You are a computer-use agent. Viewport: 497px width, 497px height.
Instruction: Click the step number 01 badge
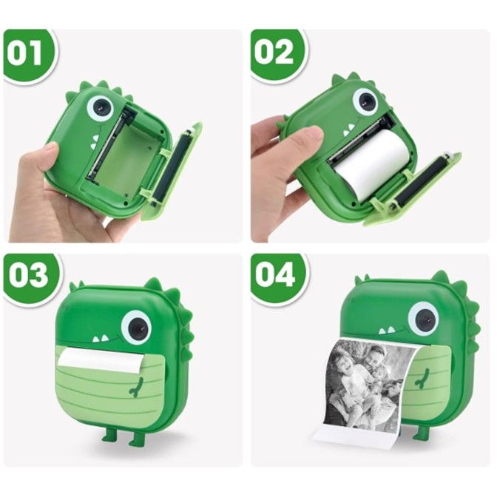pyautogui.click(x=28, y=53)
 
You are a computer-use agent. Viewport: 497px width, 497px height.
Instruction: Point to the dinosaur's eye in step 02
pyautogui.click(x=365, y=101)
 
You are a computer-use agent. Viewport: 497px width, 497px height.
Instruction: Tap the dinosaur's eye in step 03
pyautogui.click(x=136, y=326)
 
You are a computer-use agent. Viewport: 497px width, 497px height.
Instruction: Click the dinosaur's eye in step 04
pyautogui.click(x=423, y=318)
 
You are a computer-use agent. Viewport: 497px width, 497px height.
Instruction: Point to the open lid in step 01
pyautogui.click(x=175, y=172)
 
